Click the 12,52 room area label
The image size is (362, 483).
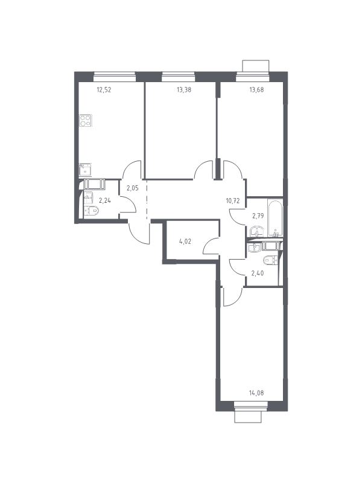[x=104, y=90]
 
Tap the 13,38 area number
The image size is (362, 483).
[x=184, y=90]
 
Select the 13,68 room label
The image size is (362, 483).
[x=256, y=90]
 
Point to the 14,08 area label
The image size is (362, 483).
[x=256, y=393]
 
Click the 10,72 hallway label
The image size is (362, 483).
[x=232, y=201]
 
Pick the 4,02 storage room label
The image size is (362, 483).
[x=185, y=241]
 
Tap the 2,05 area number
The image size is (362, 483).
[x=132, y=188]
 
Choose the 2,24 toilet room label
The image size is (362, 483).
[x=105, y=200]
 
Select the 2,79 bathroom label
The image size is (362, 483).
[x=258, y=216]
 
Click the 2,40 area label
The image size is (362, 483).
[x=258, y=273]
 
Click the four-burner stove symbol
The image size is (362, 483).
[x=86, y=120]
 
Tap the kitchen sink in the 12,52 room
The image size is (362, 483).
[x=85, y=170]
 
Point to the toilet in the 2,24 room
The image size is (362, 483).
[x=92, y=211]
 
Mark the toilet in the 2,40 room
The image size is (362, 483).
[x=270, y=260]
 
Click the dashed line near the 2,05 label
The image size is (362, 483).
[x=147, y=200]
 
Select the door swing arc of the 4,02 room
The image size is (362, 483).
[x=210, y=245]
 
